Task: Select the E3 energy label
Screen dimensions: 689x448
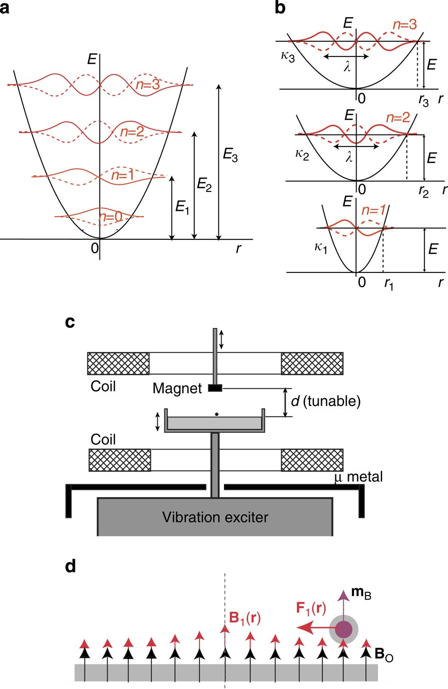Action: point(230,155)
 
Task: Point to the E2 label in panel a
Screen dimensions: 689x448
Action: point(204,184)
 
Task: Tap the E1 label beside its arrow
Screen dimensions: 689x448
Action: point(182,207)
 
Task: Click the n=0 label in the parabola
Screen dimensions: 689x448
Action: point(111,217)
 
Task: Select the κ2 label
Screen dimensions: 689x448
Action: point(302,155)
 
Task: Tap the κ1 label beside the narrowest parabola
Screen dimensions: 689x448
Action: point(321,247)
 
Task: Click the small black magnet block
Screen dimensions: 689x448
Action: point(215,389)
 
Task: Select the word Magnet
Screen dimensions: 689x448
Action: point(177,389)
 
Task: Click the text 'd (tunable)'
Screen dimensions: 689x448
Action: point(325,401)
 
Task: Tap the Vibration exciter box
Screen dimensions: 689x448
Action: point(215,517)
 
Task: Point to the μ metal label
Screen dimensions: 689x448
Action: point(358,476)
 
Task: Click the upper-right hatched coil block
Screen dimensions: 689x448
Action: point(312,363)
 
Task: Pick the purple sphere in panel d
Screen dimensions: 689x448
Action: point(344,630)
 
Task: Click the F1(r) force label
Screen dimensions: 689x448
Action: point(311,608)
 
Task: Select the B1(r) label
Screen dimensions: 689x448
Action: point(245,617)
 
